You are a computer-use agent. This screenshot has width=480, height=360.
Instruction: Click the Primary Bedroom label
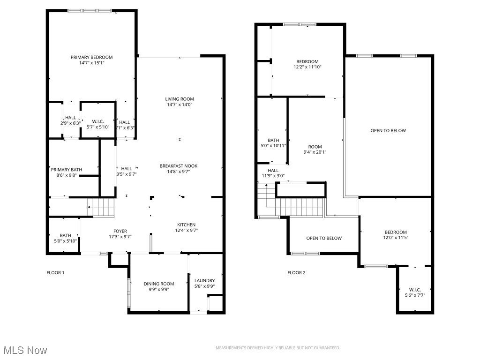click(x=92, y=57)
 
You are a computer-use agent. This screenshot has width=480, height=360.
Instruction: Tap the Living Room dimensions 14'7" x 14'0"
click(x=179, y=105)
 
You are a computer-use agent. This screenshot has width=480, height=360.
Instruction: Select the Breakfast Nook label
click(x=179, y=166)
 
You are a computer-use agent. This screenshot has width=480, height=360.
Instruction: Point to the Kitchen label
click(x=186, y=225)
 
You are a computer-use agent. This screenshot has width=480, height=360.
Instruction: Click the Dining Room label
click(x=159, y=284)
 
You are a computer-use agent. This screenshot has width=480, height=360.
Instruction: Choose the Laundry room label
click(x=204, y=281)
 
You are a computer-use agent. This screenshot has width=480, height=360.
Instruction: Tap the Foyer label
click(x=120, y=231)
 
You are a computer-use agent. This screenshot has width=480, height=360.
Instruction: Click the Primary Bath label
click(x=67, y=170)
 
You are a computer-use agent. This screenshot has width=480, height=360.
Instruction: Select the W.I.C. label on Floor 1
click(x=98, y=122)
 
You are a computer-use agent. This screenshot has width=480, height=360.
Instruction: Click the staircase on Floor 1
click(x=101, y=206)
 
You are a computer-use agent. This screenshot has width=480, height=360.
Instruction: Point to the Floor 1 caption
click(x=55, y=273)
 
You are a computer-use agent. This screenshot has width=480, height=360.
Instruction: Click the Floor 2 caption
click(x=296, y=273)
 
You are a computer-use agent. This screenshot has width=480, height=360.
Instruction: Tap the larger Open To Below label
click(x=388, y=131)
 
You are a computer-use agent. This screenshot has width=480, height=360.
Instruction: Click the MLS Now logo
click(x=25, y=350)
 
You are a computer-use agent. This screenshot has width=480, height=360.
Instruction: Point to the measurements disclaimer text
click(x=277, y=348)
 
